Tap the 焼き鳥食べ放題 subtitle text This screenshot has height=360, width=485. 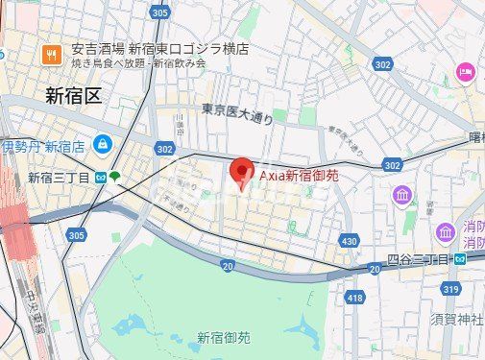[x=102, y=63]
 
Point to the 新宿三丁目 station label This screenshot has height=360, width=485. [x=60, y=178]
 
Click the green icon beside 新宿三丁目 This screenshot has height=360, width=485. [x=114, y=177]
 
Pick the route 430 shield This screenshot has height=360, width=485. [x=349, y=240]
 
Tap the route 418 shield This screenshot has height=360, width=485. [x=353, y=299]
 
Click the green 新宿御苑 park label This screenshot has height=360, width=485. [x=224, y=337]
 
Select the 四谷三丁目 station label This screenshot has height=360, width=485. [x=419, y=259]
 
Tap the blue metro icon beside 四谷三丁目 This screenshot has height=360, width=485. [x=460, y=259]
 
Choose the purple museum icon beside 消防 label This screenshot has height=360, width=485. [x=446, y=231]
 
